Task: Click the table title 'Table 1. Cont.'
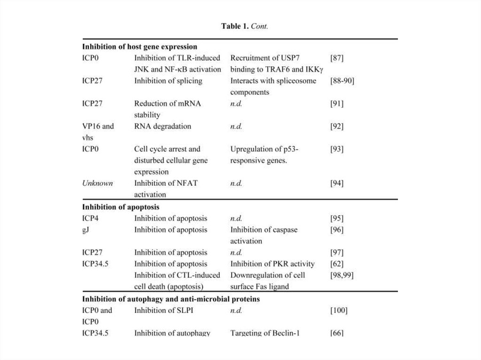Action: coord(244,26)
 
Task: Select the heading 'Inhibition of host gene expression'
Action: coord(140,46)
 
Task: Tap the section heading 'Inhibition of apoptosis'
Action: coord(121,207)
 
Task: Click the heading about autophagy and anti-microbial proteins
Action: coord(171,299)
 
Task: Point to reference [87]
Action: coord(337,58)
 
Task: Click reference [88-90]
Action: coord(342,81)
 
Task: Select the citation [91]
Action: coord(337,104)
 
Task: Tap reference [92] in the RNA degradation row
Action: coord(337,126)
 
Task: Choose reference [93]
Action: coord(337,149)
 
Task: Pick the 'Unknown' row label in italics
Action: coord(98,183)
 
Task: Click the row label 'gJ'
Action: coord(86,230)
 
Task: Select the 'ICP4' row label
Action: coord(91,218)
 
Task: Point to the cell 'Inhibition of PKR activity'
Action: coord(272,264)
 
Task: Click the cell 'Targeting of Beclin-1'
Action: coord(265,333)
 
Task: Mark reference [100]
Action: coord(339,310)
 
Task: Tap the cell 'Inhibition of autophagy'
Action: coord(172,333)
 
